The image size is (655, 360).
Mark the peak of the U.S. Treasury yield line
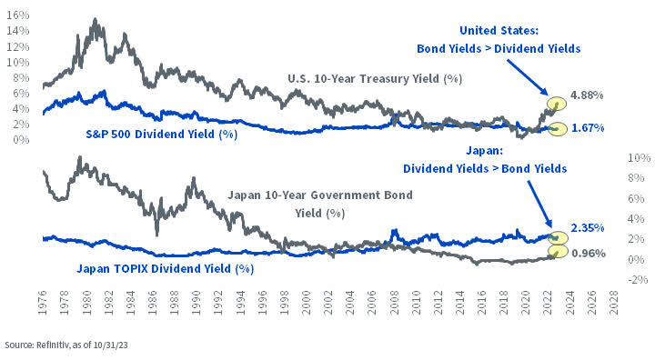[x=96, y=19]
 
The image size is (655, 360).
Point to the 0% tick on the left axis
[x=21, y=138]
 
